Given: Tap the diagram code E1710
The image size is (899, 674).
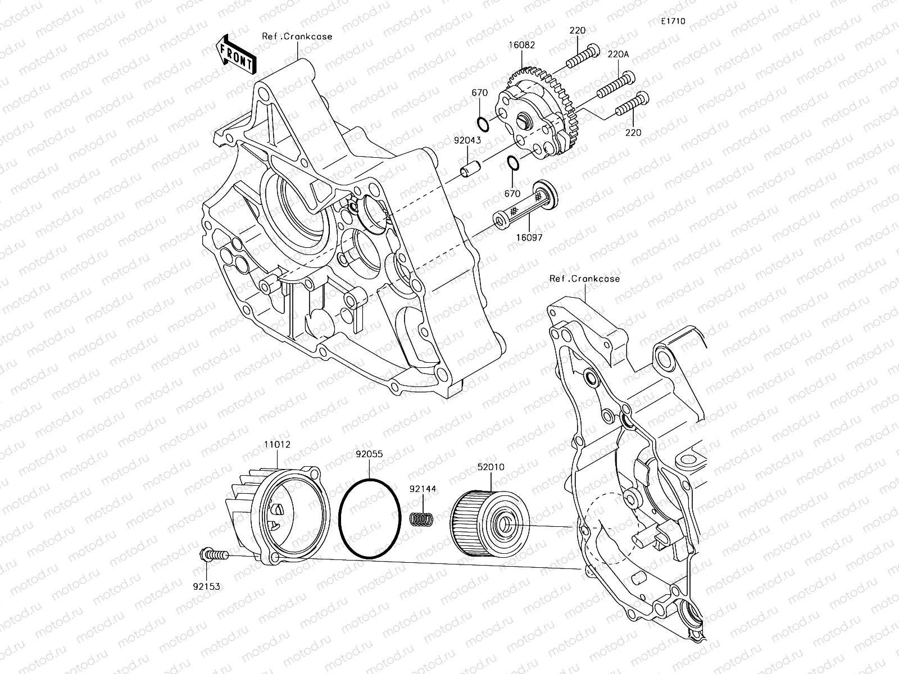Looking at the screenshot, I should point(673,21).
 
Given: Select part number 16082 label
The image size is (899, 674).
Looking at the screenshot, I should point(523,45).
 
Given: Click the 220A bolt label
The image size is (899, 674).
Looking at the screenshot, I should point(619,54).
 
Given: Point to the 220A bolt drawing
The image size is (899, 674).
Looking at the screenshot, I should point(615,85).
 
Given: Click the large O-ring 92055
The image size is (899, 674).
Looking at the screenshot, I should point(370,518).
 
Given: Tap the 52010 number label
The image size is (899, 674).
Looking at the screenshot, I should point(491,467).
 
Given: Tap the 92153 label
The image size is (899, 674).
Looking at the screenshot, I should point(206,586).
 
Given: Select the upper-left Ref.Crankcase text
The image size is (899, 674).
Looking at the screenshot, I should point(297,37).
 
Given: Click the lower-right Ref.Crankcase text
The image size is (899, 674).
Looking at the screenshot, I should point(584,279).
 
